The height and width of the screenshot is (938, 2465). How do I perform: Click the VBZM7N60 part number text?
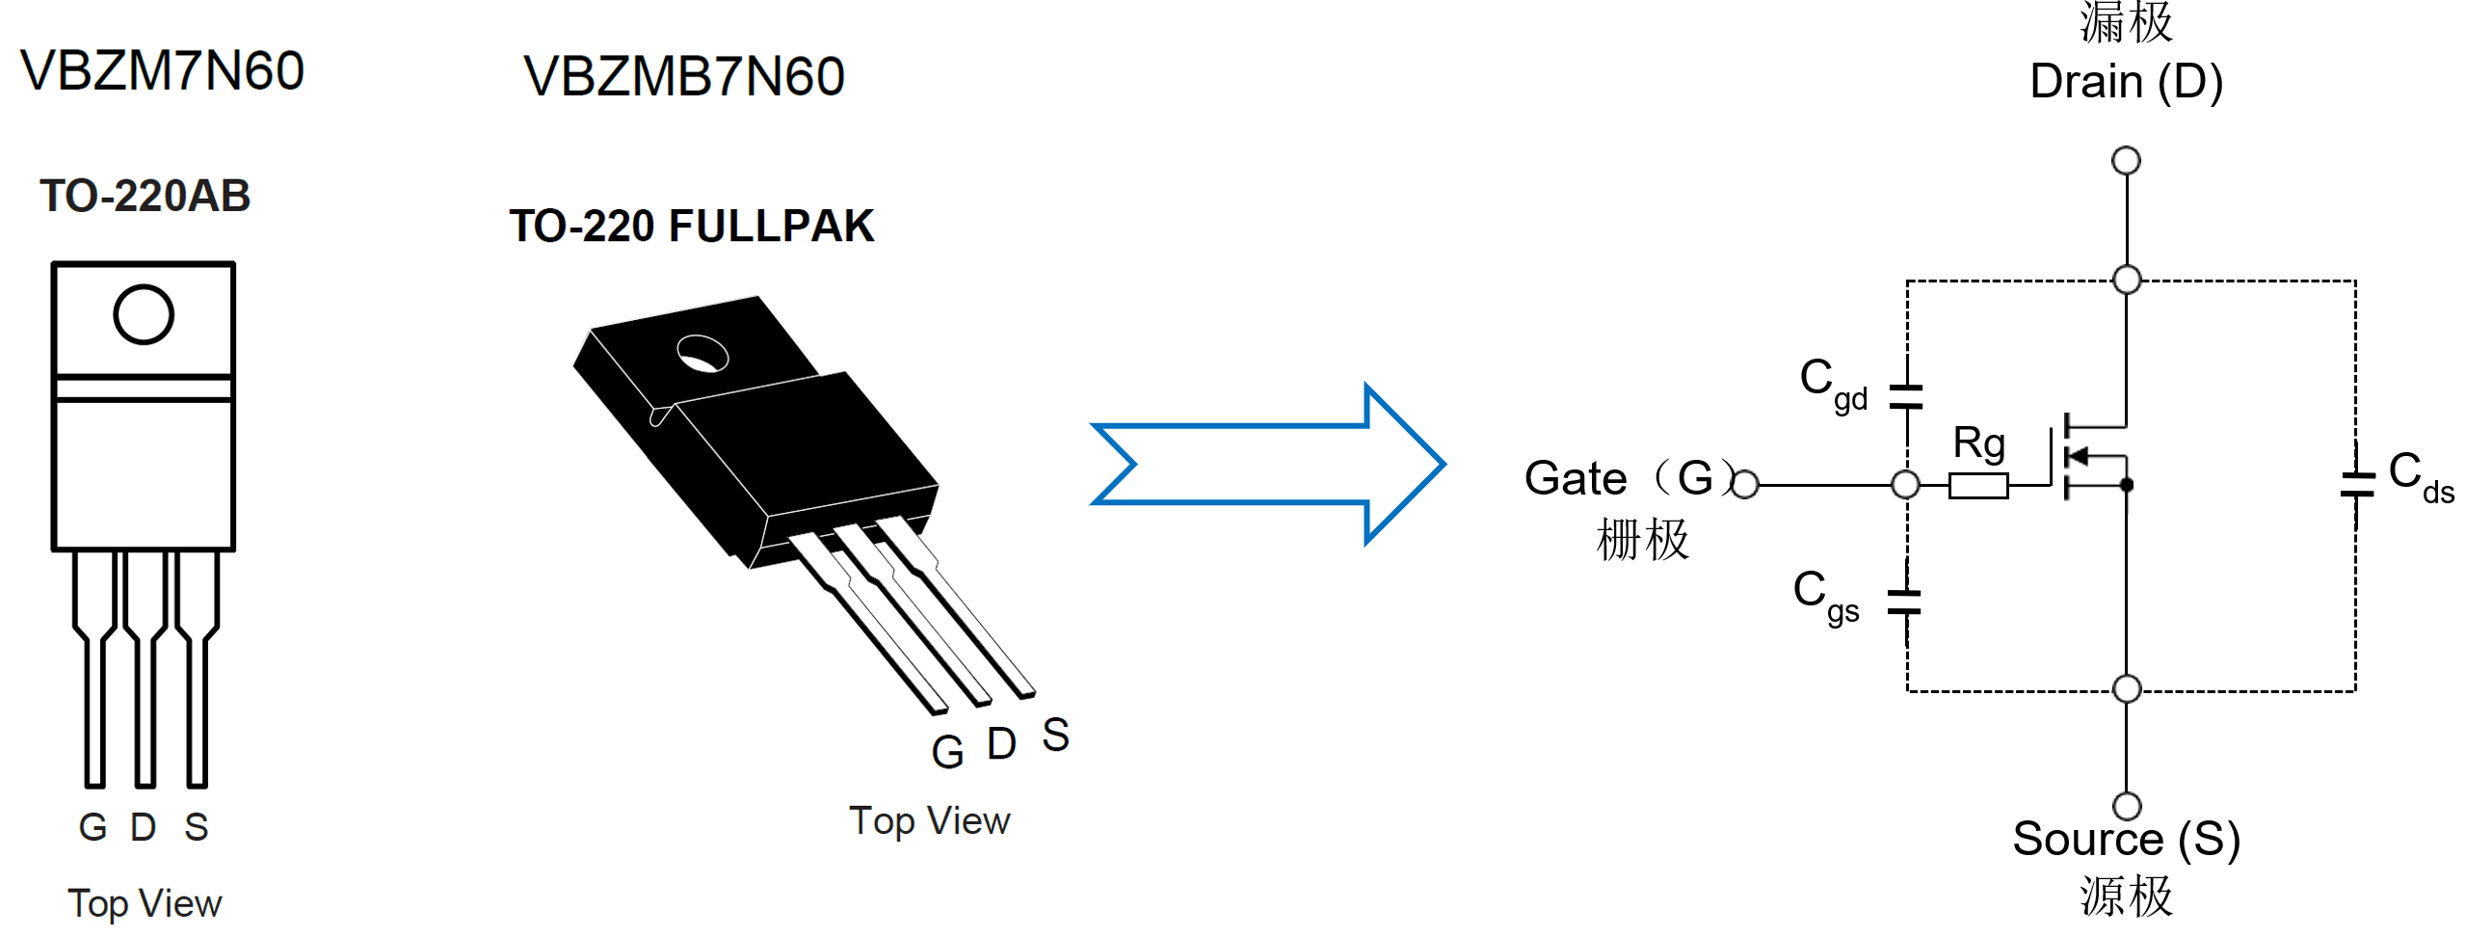(x=162, y=71)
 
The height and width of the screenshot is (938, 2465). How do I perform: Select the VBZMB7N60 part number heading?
(x=683, y=77)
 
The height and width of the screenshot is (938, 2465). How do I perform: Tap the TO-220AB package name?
(x=145, y=197)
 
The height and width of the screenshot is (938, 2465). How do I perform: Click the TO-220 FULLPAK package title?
(x=691, y=227)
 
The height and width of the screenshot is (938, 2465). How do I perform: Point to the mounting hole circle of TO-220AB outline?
(x=144, y=314)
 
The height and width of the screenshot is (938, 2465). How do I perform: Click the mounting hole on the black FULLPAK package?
(x=702, y=354)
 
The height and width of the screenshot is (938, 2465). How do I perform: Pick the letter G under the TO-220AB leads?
(x=93, y=827)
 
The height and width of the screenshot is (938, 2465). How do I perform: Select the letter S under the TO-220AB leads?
(x=196, y=827)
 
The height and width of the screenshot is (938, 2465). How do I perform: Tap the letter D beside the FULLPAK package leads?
(x=1001, y=744)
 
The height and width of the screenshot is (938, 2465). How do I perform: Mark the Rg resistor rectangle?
(x=1977, y=485)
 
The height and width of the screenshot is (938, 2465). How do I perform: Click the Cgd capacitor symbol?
(x=1906, y=396)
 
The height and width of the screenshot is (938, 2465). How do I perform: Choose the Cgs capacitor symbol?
(x=1904, y=603)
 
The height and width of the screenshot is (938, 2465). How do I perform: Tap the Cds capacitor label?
(x=2419, y=476)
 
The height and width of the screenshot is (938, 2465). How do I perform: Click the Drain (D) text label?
(x=2126, y=82)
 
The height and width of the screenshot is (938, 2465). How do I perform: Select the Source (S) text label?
(x=2126, y=839)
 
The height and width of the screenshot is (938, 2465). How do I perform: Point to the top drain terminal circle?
(x=2126, y=160)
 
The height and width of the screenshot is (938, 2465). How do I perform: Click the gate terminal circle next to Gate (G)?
(x=1745, y=484)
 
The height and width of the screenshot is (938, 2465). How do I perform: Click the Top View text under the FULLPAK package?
(x=929, y=821)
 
